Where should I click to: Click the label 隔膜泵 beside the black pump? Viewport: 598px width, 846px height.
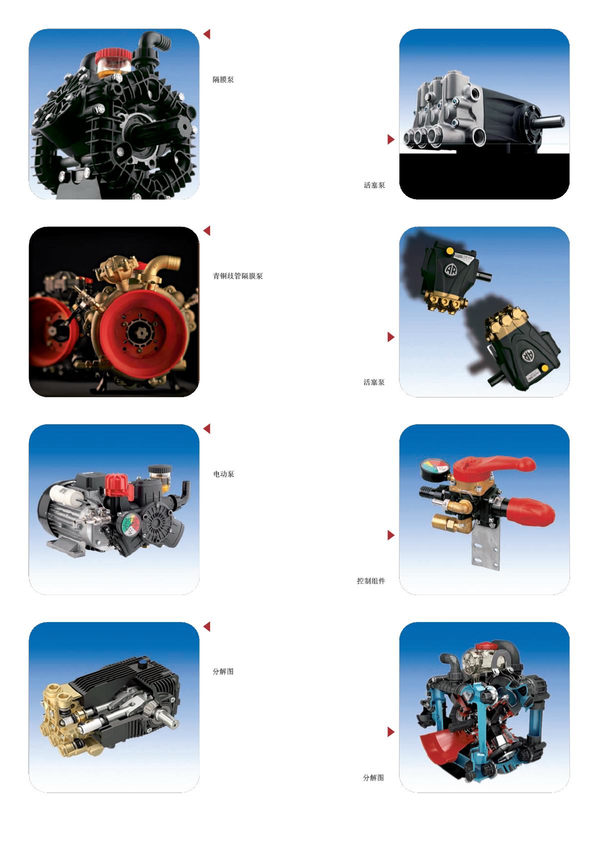click(223, 79)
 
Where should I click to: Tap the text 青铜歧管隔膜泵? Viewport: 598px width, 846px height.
click(237, 276)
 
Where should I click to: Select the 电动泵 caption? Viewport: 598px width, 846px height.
click(223, 474)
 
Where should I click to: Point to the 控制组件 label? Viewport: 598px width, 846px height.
click(371, 581)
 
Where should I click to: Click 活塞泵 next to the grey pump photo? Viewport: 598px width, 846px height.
click(374, 185)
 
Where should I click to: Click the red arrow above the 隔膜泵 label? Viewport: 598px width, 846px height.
click(206, 34)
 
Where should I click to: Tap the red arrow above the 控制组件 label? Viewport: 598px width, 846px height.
click(391, 535)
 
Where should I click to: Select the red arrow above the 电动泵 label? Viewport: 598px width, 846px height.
click(206, 428)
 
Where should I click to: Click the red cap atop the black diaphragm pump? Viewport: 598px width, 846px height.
click(113, 56)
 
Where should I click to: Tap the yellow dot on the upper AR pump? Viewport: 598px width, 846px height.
click(450, 251)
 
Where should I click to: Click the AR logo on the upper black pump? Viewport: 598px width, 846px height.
click(450, 269)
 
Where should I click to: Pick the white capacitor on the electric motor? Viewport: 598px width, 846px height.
click(64, 492)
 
